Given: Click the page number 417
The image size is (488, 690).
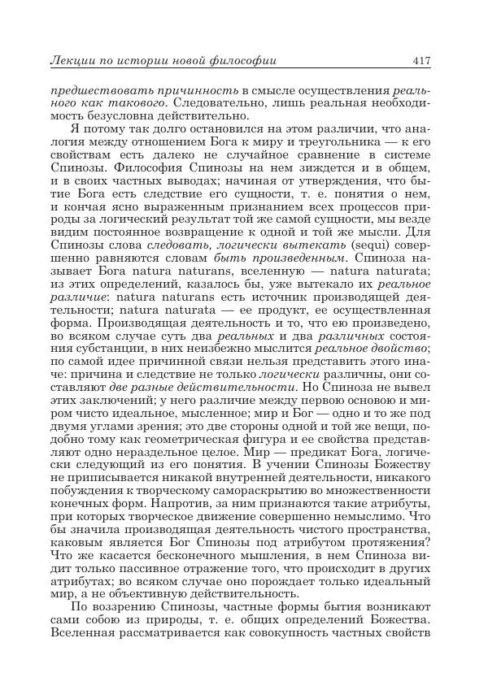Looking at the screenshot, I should [x=420, y=61].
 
